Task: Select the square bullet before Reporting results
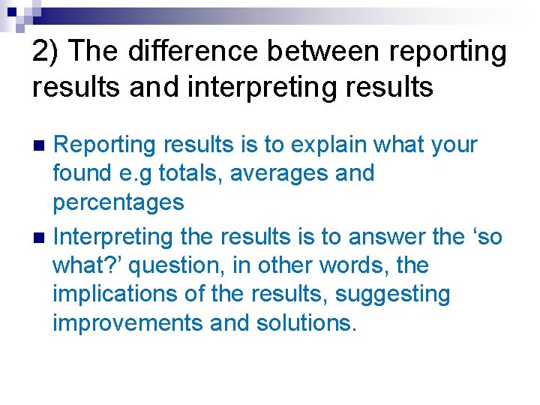[40, 145]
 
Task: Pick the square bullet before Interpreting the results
[40, 238]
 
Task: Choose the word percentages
[118, 202]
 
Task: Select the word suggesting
[392, 295]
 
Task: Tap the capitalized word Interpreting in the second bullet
[113, 237]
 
